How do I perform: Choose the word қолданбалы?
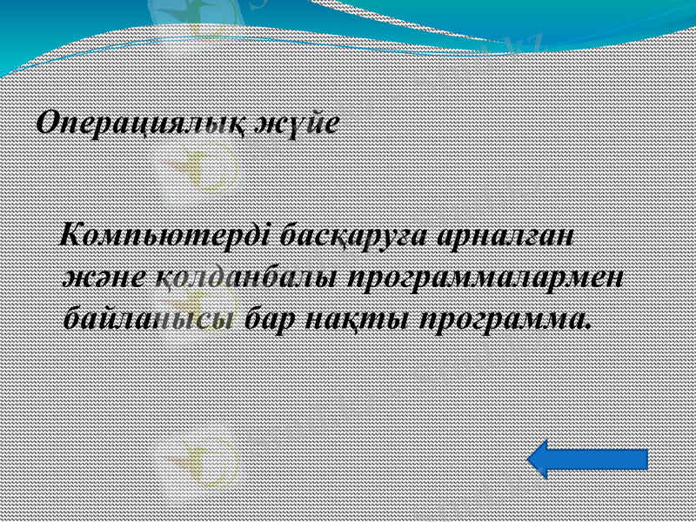[x=245, y=276]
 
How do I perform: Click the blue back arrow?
[x=588, y=458]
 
